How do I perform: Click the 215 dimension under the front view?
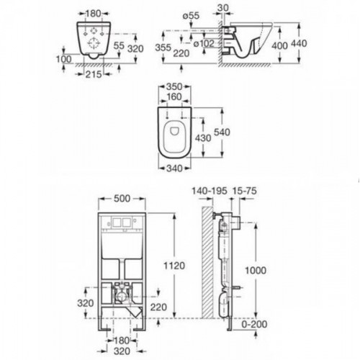click(x=94, y=74)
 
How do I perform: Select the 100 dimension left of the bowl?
click(x=63, y=59)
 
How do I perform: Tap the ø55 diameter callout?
click(x=191, y=16)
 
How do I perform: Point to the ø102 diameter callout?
click(x=204, y=43)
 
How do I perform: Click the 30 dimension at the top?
click(x=223, y=8)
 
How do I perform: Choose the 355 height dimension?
click(x=163, y=48)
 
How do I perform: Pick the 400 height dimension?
click(x=279, y=45)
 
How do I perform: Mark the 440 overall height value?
click(x=299, y=43)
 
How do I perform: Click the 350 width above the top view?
click(x=174, y=86)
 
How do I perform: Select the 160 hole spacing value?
click(x=174, y=97)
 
